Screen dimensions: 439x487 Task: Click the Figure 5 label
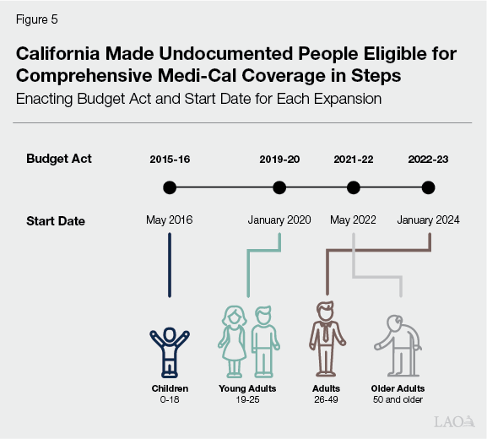coord(36,19)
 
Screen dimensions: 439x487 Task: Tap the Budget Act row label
coord(59,159)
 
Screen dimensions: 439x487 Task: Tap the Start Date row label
coord(56,221)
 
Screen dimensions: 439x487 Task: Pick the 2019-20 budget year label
coord(279,159)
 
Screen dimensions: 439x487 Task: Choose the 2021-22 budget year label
coord(354,159)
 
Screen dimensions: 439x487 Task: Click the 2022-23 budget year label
coord(428,159)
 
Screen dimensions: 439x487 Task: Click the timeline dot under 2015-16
coord(170,187)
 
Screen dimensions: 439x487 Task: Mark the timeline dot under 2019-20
coord(279,187)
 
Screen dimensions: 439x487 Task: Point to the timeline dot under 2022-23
coord(428,187)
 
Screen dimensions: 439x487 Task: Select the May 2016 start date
coord(170,220)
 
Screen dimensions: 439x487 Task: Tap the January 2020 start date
coord(279,220)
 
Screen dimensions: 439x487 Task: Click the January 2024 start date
coord(428,220)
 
